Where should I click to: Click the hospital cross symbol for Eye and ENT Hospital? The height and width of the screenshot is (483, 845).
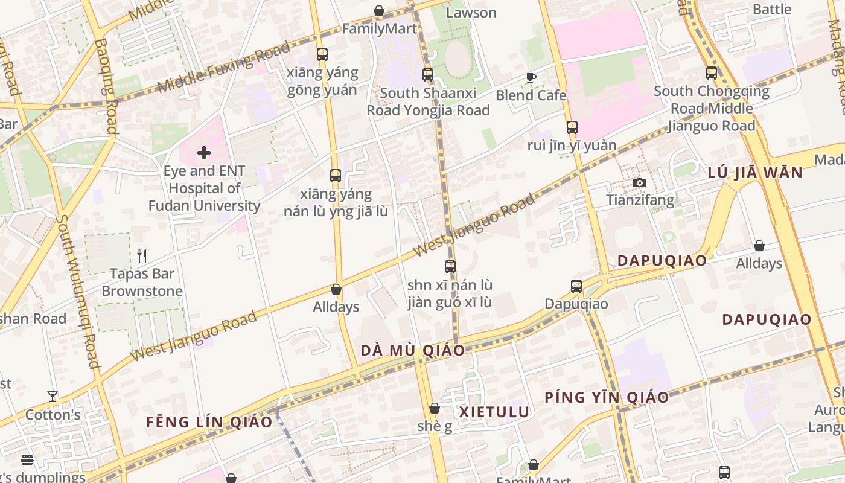click(x=204, y=153)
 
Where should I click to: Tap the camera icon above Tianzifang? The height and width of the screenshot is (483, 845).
click(x=639, y=182)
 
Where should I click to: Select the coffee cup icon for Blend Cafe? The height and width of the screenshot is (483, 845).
click(x=531, y=77)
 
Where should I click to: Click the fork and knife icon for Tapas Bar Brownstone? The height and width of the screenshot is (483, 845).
click(x=142, y=256)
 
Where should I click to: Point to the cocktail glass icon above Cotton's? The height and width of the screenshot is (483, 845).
click(x=53, y=397)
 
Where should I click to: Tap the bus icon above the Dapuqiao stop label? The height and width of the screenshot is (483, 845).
click(x=576, y=286)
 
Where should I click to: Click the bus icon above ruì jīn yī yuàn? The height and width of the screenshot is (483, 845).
click(x=572, y=127)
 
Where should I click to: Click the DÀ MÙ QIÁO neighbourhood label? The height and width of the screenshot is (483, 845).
click(x=413, y=350)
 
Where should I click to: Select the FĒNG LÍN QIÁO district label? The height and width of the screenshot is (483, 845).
click(x=209, y=421)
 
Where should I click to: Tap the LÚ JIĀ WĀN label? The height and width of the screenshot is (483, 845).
click(x=755, y=173)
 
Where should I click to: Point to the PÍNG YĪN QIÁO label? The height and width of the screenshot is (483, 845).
click(x=607, y=397)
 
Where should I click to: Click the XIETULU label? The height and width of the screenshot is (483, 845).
click(x=494, y=412)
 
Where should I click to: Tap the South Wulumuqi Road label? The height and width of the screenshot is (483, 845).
click(x=77, y=290)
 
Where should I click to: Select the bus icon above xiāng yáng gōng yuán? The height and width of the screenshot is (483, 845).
click(x=322, y=54)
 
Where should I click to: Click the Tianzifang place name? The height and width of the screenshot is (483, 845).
click(x=640, y=200)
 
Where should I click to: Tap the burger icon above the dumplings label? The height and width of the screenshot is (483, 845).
click(x=27, y=460)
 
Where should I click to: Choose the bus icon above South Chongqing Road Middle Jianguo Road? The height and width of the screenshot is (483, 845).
click(x=712, y=73)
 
